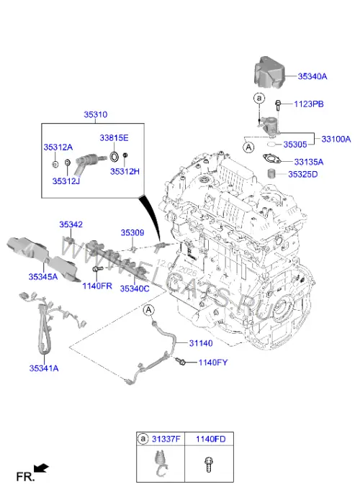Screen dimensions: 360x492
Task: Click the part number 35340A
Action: pos(312,76)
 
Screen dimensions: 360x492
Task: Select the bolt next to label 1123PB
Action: pos(278,105)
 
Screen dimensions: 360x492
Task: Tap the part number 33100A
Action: pos(336,139)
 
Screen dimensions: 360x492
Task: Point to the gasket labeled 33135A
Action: pos(271,159)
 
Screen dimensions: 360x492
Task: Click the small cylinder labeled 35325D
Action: pos(271,173)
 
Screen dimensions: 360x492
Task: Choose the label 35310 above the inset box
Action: pos(96,114)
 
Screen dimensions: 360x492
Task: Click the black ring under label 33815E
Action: pos(114,157)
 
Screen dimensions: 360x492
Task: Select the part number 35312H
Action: pos(125,171)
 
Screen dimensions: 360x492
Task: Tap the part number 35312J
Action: pos(66,181)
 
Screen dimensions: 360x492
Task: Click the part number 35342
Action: pos(71,224)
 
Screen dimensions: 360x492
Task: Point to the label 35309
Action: pos(132,232)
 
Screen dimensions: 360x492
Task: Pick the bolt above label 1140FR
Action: pos(97,269)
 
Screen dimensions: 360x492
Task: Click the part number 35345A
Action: pos(43,276)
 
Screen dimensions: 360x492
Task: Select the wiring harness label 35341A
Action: pos(44,368)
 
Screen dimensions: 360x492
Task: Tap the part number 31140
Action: pos(201,343)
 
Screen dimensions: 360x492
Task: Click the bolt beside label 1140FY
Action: pos(181,361)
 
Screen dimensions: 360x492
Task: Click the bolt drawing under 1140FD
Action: pos(208,465)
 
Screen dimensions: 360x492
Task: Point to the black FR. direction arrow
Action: pos(41,468)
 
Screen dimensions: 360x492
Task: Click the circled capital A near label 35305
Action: pos(249,147)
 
